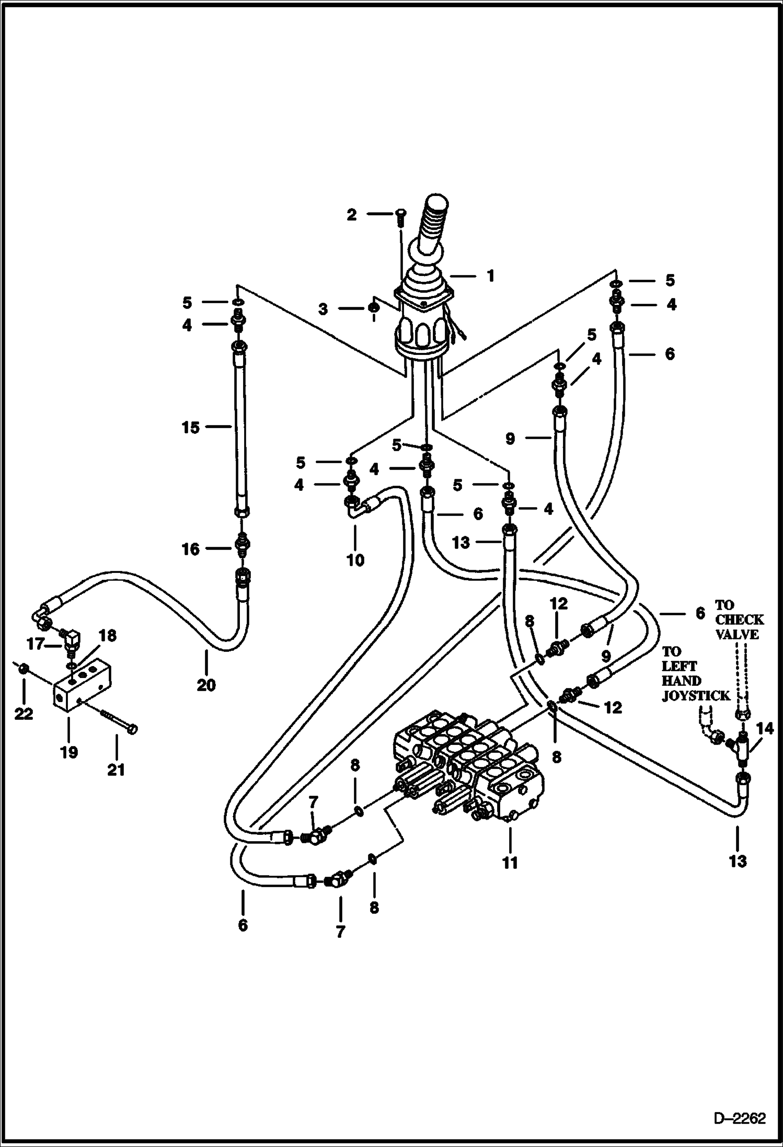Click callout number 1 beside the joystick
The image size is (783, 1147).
(x=490, y=276)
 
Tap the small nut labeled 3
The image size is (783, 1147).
(x=374, y=308)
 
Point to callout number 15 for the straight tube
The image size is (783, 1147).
(x=191, y=427)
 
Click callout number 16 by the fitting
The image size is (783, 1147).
(x=191, y=549)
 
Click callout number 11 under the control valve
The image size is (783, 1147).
(x=510, y=862)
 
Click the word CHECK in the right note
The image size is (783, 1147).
(x=739, y=620)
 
